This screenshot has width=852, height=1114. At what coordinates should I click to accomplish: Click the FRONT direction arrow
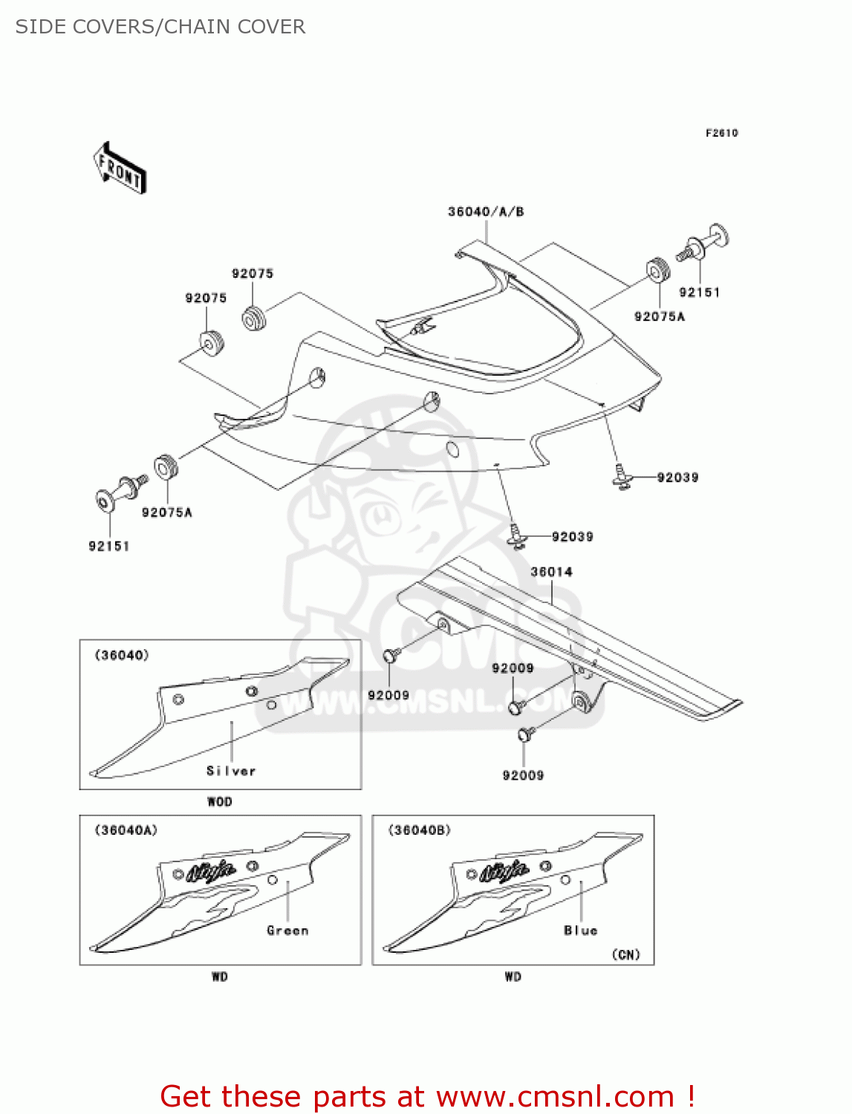[x=120, y=169]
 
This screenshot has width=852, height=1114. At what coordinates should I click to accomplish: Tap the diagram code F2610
[x=721, y=133]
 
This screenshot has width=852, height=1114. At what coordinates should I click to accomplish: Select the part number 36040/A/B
[x=486, y=212]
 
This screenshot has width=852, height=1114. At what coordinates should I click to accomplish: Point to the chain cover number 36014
[x=551, y=572]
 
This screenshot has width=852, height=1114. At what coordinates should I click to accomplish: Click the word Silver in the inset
[x=231, y=771]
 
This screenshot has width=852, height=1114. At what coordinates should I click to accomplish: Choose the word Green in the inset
[x=287, y=931]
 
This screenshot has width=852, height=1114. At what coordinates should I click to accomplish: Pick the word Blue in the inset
[x=580, y=931]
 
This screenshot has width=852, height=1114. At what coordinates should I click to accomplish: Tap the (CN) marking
[x=625, y=954]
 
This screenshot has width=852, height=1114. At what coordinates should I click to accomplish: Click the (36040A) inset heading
[x=126, y=830]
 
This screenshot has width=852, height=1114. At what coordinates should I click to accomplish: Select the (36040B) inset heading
[x=419, y=830]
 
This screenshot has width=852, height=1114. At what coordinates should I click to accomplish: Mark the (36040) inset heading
[x=121, y=655]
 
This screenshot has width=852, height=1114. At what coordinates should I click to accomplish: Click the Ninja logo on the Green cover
[x=211, y=870]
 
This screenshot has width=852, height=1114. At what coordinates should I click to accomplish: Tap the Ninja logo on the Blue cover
[x=504, y=870]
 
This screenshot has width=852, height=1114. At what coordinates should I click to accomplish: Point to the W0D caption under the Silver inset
[x=219, y=802]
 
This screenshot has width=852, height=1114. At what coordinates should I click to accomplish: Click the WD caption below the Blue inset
[x=513, y=977]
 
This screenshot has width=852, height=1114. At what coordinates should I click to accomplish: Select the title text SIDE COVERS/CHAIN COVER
[x=160, y=27]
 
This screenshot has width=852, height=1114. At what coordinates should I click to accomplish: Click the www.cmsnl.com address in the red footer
[x=554, y=1097]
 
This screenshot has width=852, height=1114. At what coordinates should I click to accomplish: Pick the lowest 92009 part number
[x=523, y=775]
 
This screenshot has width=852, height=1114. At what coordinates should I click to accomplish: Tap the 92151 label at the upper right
[x=699, y=293]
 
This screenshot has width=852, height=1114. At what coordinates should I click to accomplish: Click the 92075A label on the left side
[x=166, y=512]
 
